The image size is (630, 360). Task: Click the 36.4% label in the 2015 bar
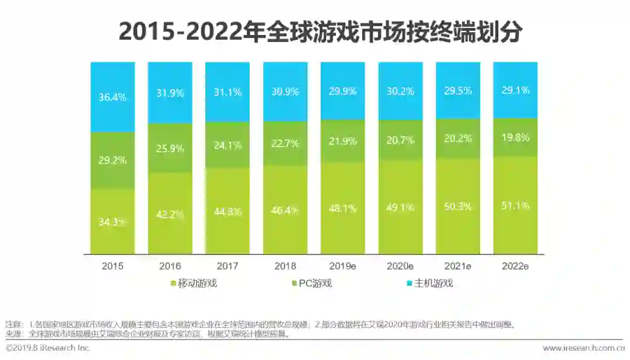[x=113, y=98]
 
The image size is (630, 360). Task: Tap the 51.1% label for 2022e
[x=515, y=205]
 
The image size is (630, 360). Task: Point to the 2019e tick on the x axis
[x=342, y=266]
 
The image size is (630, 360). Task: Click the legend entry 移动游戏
[x=194, y=284]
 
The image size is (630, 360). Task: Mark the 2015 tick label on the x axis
[x=113, y=266]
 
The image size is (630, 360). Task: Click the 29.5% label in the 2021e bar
[x=458, y=90]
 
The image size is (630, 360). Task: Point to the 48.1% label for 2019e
[x=342, y=208]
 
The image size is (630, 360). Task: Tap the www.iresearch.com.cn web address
[x=583, y=348]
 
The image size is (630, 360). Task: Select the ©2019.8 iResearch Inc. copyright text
[x=48, y=348]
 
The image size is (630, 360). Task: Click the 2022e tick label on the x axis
[x=515, y=266]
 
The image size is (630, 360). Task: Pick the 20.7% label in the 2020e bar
[x=400, y=140]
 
